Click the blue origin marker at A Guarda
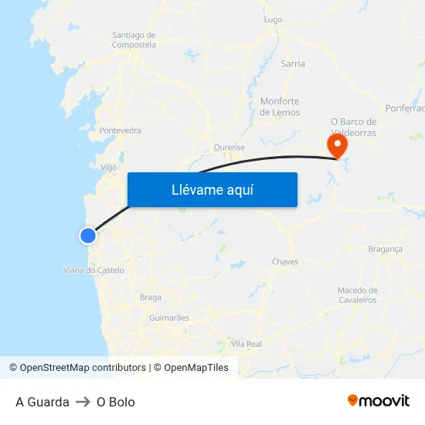(x=88, y=235)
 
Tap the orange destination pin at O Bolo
(x=337, y=145)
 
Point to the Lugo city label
(x=273, y=19)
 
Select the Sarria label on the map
(x=293, y=63)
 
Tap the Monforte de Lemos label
(x=280, y=107)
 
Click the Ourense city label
(x=229, y=147)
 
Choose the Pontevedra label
(x=120, y=131)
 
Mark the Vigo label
(x=109, y=166)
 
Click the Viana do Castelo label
(x=93, y=270)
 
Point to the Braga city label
(x=150, y=297)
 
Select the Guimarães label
(x=168, y=318)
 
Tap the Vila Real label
(x=246, y=343)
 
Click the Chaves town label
(x=285, y=262)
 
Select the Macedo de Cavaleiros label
(x=357, y=294)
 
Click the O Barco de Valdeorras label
(x=353, y=127)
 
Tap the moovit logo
(x=379, y=401)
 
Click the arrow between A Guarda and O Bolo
(x=83, y=402)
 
